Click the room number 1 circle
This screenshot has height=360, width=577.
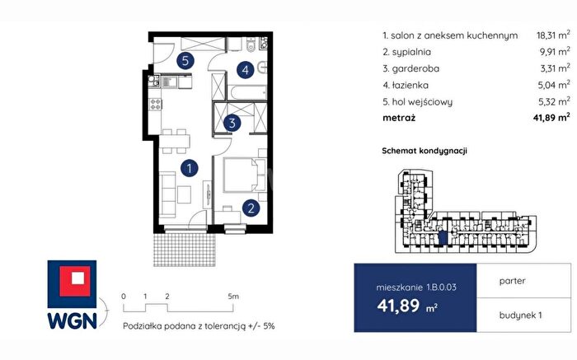coord(190,168)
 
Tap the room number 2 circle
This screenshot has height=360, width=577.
coord(251,208)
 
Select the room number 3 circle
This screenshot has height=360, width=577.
coord(232,123)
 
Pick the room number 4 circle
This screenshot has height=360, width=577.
coord(246,69)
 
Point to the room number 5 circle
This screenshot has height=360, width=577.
coord(185,60)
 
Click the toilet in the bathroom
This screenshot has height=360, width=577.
coord(251,44)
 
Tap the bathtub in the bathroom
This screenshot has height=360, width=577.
coord(248,92)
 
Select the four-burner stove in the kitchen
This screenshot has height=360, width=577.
coord(155,104)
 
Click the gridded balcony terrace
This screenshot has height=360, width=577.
coord(185,250)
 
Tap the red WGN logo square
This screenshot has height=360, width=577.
coord(75,281)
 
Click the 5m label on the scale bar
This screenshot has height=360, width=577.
coord(233,297)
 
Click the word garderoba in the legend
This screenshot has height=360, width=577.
coord(415,68)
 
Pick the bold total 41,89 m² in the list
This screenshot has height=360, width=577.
coord(551,118)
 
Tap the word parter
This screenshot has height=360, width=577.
coord(512,281)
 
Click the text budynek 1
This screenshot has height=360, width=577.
coord(520,316)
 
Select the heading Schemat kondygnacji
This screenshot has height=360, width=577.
coord(425,151)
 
